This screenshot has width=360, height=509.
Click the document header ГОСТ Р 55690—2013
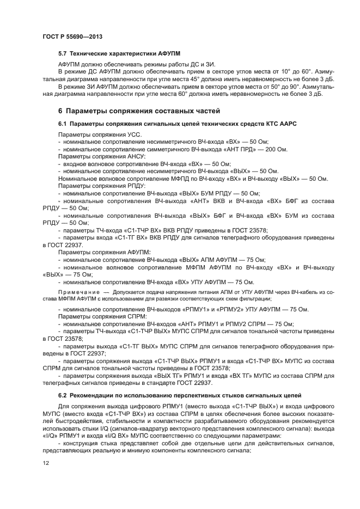[72, 35]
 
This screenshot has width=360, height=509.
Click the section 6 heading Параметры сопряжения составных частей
[139, 111]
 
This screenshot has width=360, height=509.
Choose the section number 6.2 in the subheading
[63, 394]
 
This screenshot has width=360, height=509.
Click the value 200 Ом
[275, 149]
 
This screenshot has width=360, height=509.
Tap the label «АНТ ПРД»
[238, 149]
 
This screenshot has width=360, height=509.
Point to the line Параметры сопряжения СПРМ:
[99, 316]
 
